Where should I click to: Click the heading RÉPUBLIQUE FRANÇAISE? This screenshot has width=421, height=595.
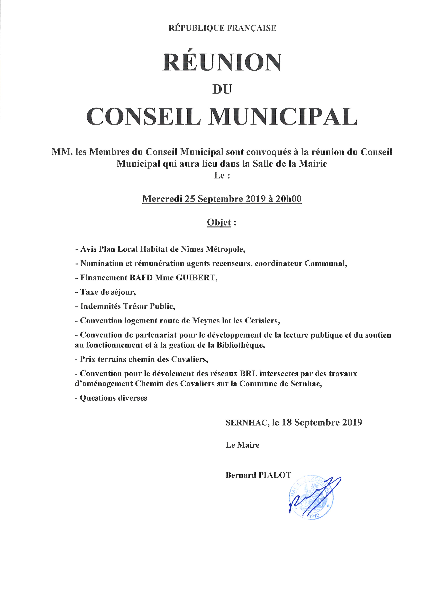pos(222,28)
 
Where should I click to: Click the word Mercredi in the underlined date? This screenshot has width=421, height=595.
pos(162,199)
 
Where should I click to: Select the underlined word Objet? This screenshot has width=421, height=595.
pos(219,222)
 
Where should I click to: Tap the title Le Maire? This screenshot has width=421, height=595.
pos(242,445)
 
